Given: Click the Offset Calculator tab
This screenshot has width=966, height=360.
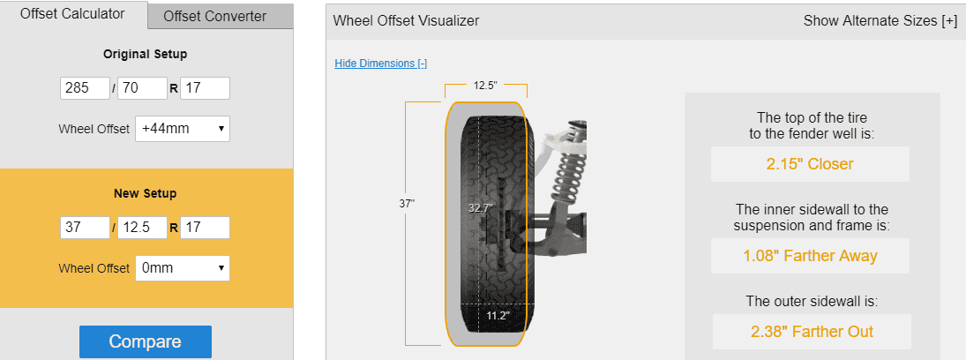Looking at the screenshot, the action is point(72,14).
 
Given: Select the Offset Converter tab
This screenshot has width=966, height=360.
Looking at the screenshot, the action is point(215,17).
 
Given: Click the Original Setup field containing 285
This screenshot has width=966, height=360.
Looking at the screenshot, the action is point(85,88).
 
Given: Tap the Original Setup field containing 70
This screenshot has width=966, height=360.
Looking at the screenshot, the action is point(142,88).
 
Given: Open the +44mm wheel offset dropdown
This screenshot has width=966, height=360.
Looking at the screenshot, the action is point(183,129).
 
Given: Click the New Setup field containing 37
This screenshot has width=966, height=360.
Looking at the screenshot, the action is point(85,228).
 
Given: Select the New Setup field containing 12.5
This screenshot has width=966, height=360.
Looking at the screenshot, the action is point(142,228).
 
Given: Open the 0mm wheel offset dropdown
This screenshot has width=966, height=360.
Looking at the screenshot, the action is point(183,268).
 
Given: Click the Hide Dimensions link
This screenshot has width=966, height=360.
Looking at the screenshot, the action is point(381,64).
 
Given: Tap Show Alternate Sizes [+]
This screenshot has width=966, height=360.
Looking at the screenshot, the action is point(880,20).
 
